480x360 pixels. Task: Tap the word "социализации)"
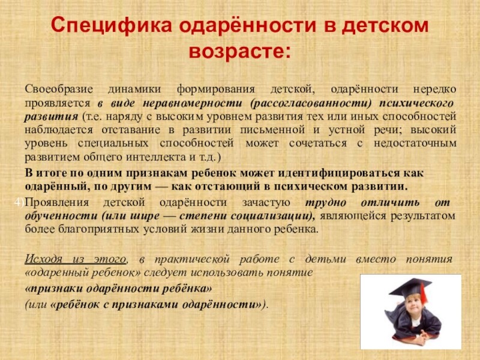(266, 216)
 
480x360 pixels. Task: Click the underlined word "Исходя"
(44, 259)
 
